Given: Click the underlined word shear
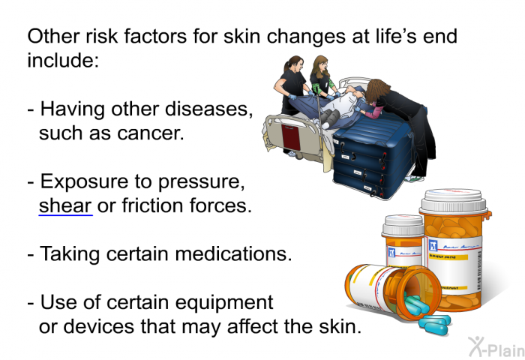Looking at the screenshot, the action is (x=65, y=205).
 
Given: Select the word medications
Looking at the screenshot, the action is (x=233, y=253).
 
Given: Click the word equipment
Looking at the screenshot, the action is (x=224, y=303).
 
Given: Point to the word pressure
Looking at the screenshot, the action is (x=201, y=182).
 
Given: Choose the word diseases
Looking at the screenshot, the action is (x=208, y=109).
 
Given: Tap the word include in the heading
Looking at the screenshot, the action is (x=63, y=60).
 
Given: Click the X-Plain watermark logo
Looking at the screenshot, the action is (x=496, y=346).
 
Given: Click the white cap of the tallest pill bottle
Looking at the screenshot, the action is (x=454, y=201).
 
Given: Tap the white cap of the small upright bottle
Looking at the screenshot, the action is (x=403, y=226).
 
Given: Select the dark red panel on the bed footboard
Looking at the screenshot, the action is (x=291, y=137).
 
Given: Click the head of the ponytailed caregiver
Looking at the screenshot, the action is (x=294, y=64).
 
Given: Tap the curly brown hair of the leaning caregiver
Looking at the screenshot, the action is (x=377, y=90).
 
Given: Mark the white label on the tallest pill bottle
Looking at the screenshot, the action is (x=455, y=264).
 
